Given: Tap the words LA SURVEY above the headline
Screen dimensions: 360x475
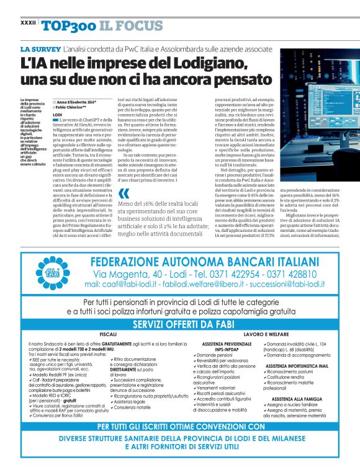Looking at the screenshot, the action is (x=40, y=48).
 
